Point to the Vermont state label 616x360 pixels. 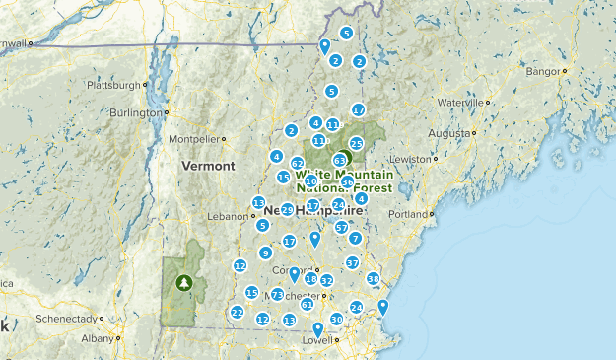pyautogui.click(x=208, y=166)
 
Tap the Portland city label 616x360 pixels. pyautogui.click(x=407, y=214)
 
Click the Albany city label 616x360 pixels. pyautogui.click(x=98, y=338)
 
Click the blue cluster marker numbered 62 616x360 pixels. pyautogui.click(x=297, y=163)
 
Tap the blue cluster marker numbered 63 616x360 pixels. pyautogui.click(x=340, y=159)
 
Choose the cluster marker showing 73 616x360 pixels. pyautogui.click(x=278, y=295)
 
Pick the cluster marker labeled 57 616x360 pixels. pyautogui.click(x=342, y=227)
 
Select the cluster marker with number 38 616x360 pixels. pyautogui.click(x=373, y=278)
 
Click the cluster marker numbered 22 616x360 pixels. pyautogui.click(x=237, y=313)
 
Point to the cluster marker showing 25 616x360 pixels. pyautogui.click(x=357, y=144)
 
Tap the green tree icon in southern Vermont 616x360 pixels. pyautogui.click(x=183, y=283)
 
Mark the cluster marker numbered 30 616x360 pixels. pyautogui.click(x=336, y=319)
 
